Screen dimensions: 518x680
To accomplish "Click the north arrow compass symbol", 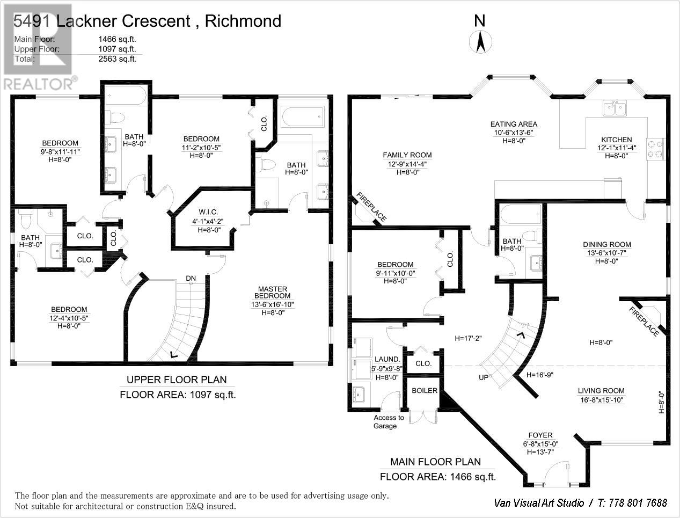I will [x=479, y=41].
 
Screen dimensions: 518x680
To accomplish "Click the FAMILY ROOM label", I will [x=407, y=155].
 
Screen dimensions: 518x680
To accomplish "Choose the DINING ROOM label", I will [x=607, y=245].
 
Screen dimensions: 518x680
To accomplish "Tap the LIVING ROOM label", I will [x=601, y=391].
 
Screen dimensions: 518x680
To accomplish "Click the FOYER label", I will [x=540, y=435].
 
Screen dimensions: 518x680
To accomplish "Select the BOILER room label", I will [x=424, y=391].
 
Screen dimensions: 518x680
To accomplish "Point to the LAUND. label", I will [x=387, y=360].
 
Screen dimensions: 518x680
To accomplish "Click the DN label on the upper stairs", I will [x=191, y=278].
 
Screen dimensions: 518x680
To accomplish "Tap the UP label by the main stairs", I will [x=484, y=377].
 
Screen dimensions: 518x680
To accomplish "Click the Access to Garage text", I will [x=389, y=422].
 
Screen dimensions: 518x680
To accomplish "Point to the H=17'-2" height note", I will [x=468, y=339].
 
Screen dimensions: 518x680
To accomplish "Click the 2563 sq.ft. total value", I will [x=118, y=59].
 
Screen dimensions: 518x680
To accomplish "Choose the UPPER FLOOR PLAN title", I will [x=176, y=380].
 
